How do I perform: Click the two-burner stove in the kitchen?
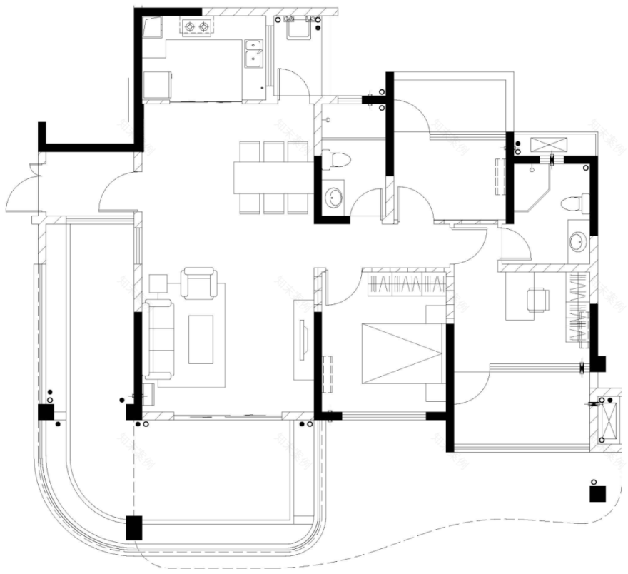coord(198,28)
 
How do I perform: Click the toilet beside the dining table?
coord(336,159)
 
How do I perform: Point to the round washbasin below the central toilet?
coord(334,197)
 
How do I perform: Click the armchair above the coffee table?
coord(198,282)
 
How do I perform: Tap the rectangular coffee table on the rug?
coord(202,340)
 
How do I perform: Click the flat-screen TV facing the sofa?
coord(303,343)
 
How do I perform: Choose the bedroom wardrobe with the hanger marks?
coord(406,284)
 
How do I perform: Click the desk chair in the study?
coord(537,299)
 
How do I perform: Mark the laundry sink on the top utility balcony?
coord(297,29)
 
